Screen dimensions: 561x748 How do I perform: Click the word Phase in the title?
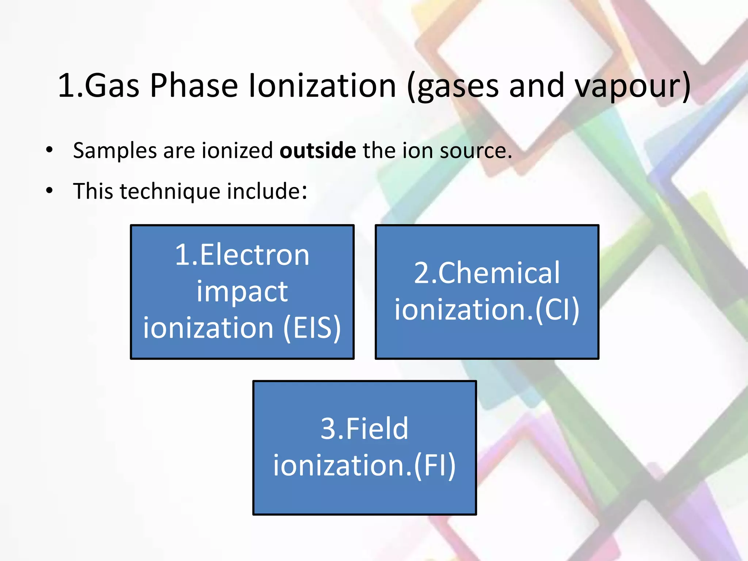tap(194, 85)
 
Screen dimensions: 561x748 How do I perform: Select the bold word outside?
tap(317, 150)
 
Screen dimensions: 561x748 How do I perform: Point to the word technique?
tap(170, 191)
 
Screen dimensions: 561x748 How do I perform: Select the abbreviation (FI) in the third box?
tap(435, 465)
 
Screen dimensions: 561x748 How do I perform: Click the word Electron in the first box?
tap(254, 255)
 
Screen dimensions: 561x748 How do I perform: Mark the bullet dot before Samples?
tap(49, 149)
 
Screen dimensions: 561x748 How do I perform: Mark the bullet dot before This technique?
tap(49, 190)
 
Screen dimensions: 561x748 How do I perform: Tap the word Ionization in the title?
tap(322, 85)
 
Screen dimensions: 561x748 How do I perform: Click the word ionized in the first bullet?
tap(237, 150)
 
